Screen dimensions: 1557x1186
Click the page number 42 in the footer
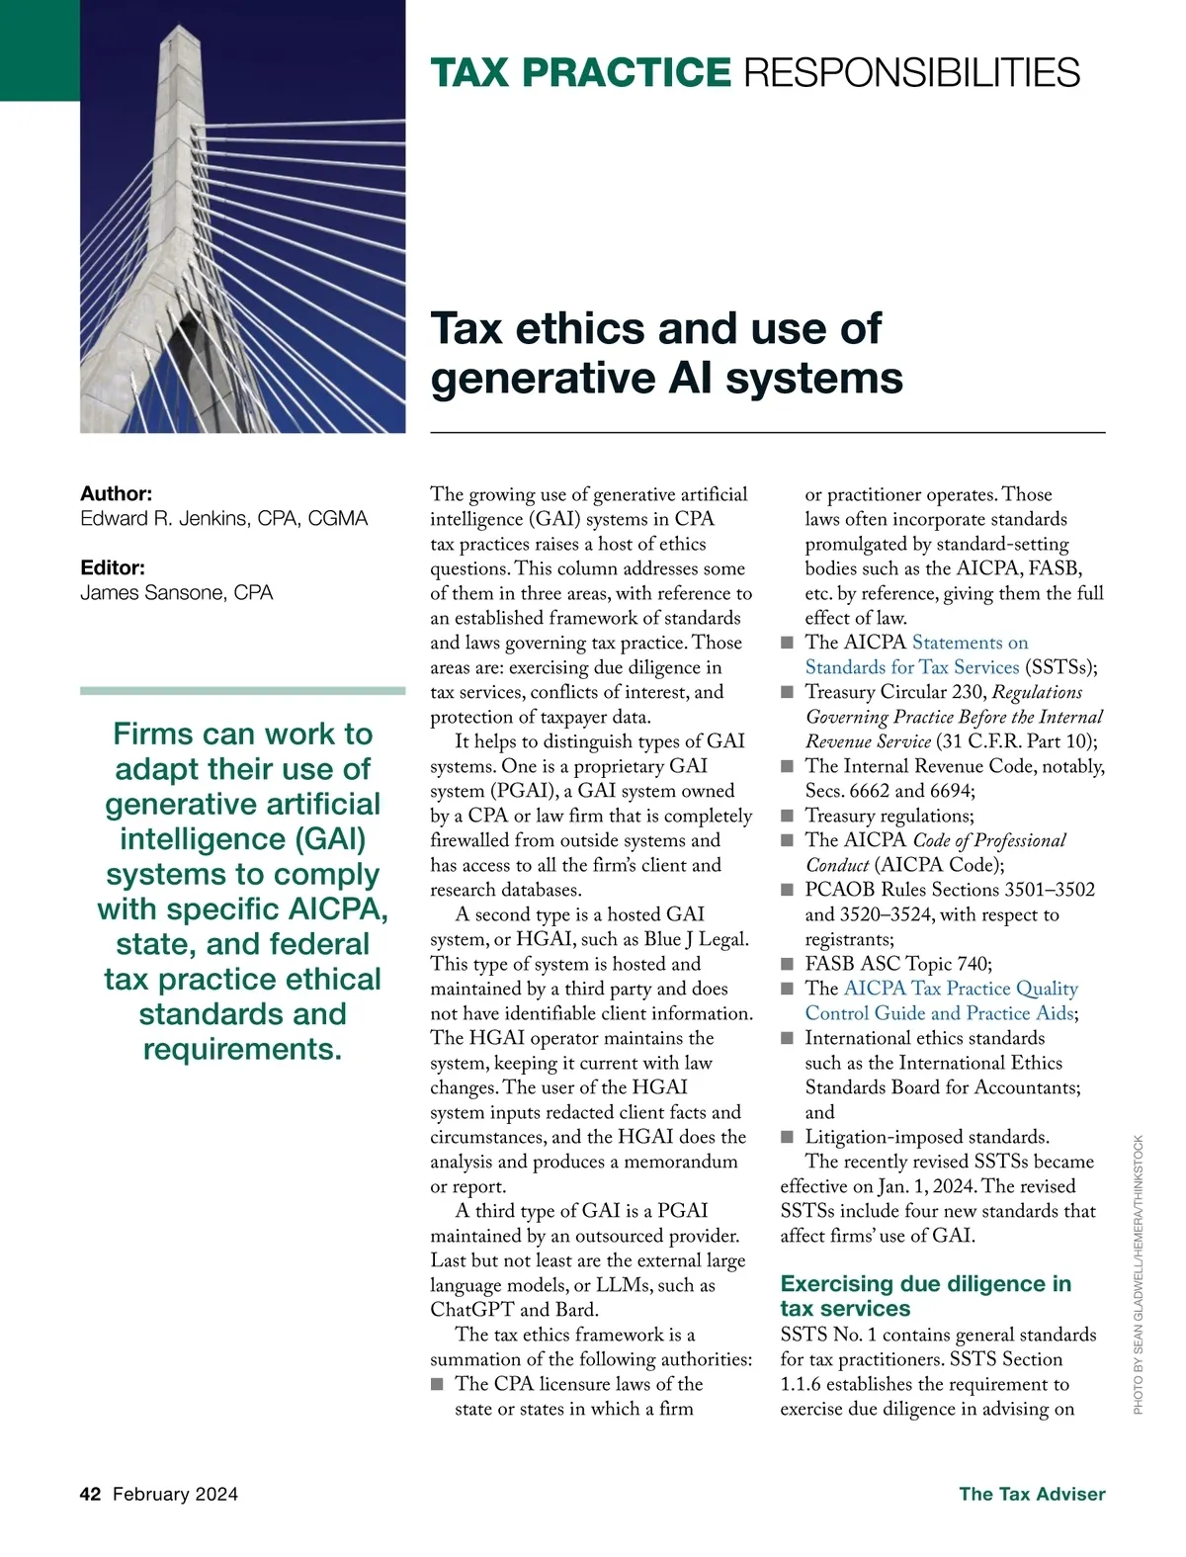click(90, 1494)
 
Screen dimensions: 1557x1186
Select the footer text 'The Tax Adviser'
click(1032, 1494)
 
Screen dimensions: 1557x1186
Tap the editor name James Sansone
click(176, 593)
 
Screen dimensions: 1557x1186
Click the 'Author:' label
click(117, 493)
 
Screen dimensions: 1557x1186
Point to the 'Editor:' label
click(113, 567)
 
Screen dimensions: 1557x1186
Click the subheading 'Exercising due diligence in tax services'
click(925, 1296)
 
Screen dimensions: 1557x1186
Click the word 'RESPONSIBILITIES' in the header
click(911, 73)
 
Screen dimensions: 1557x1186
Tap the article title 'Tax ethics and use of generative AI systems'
click(666, 353)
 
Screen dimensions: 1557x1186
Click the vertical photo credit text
click(1139, 1274)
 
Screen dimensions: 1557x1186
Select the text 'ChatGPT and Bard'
click(514, 1310)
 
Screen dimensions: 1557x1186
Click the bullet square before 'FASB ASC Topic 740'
click(788, 964)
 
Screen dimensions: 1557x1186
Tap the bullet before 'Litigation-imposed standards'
click(788, 1137)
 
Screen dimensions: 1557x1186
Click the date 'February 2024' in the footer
click(175, 1494)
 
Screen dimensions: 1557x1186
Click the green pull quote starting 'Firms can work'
click(242, 891)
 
